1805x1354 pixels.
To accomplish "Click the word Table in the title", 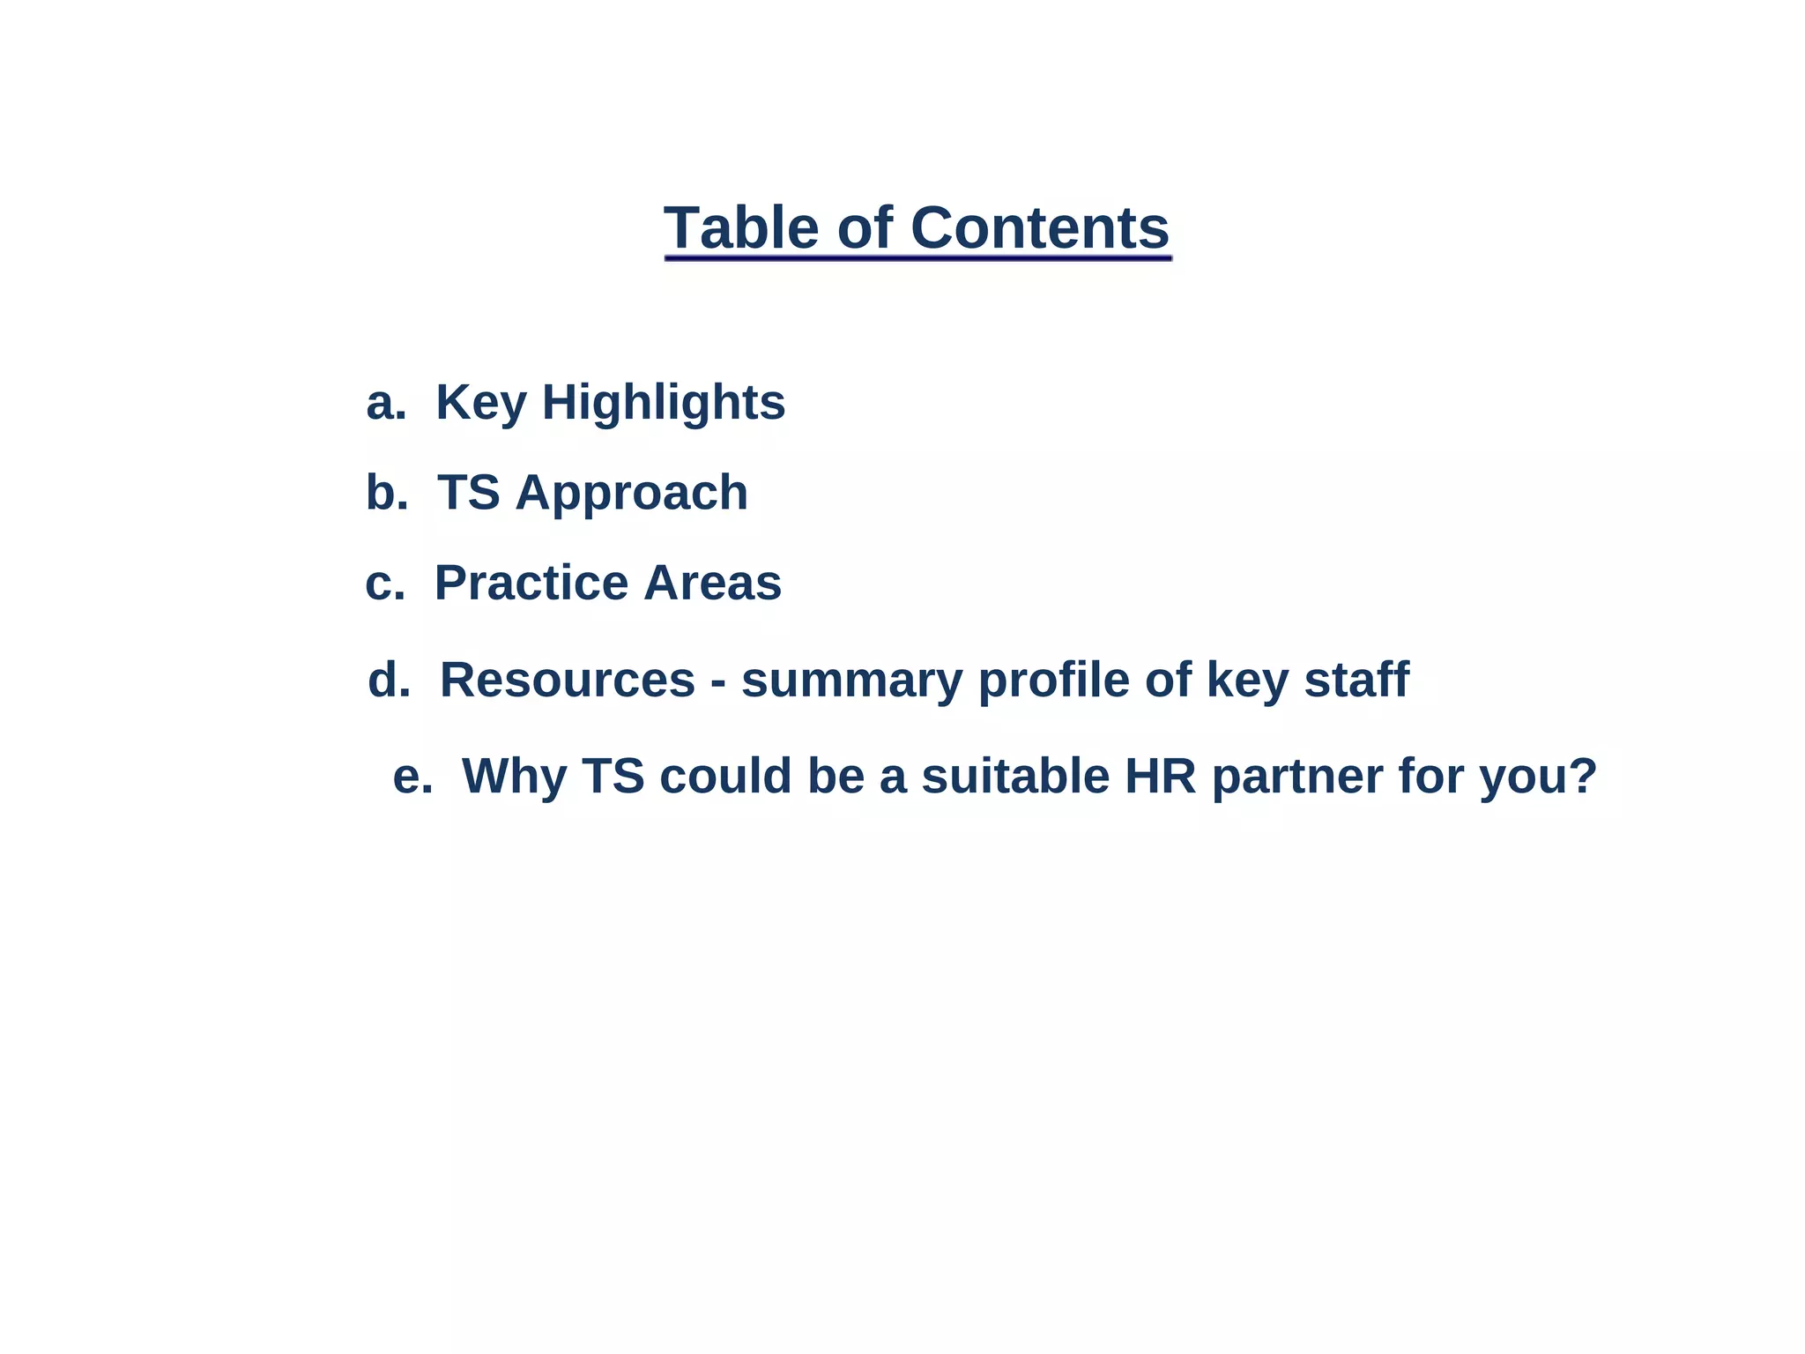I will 741,227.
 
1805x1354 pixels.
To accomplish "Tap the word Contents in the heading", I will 1039,227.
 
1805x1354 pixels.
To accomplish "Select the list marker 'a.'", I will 386,403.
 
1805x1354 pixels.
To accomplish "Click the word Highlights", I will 663,403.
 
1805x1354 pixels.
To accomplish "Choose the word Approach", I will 631,493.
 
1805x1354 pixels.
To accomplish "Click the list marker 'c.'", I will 385,584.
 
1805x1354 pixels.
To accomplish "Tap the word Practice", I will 531,584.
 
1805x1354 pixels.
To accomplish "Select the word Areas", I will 712,584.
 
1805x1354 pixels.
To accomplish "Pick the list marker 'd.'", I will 389,680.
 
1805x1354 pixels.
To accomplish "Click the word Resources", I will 568,680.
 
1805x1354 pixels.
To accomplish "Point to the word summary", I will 851,681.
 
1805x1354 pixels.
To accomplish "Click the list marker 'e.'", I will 412,777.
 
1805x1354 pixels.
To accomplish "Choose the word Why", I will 515,777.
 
